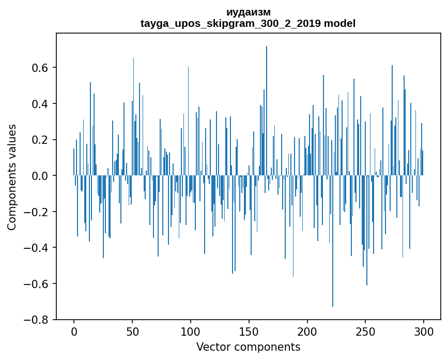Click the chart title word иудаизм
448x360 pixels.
coord(248,12)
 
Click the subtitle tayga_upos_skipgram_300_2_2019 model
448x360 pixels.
coord(248,24)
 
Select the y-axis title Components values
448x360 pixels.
coord(12,177)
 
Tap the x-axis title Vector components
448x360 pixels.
coord(248,347)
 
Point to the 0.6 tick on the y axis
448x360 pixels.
coord(41,68)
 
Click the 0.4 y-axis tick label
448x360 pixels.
coord(41,104)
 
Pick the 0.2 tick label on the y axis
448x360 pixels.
coord(41,140)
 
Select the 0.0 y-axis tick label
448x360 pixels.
coord(41,176)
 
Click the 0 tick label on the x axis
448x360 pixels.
coord(74,331)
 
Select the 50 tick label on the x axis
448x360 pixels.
coord(132,331)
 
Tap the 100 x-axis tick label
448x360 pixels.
coord(191,331)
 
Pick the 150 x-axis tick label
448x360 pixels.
coord(249,331)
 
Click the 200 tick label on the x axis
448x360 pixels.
coord(307,331)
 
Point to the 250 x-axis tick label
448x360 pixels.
coord(366,331)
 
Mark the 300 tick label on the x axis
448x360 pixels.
coord(424,331)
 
